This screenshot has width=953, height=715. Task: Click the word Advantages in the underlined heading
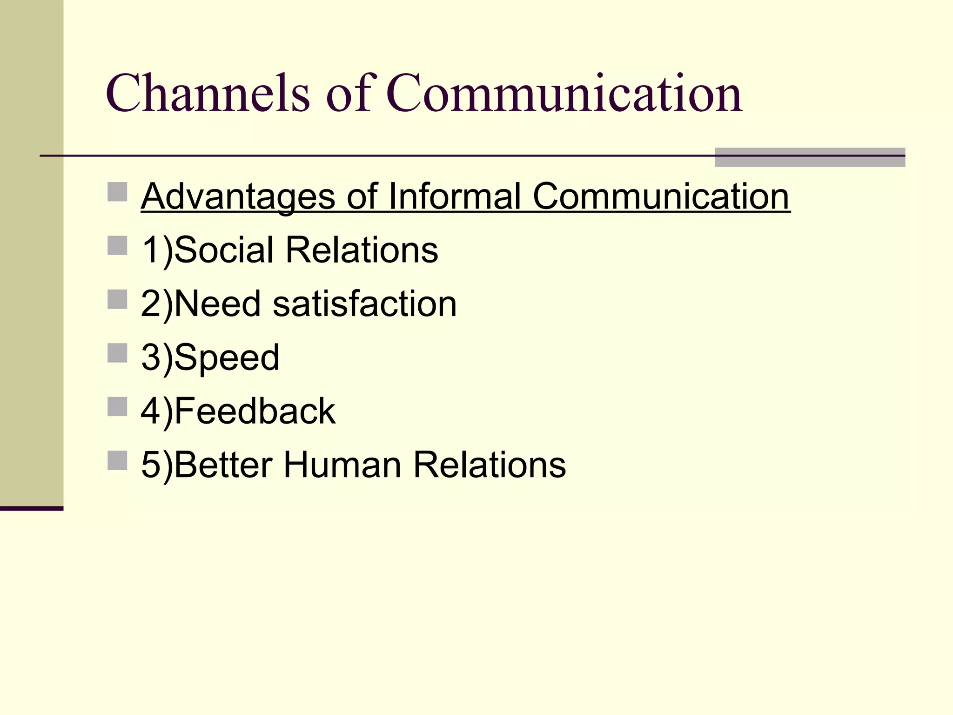[x=238, y=196]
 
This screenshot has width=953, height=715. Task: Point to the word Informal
[x=454, y=196]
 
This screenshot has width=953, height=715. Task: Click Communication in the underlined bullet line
[x=661, y=196]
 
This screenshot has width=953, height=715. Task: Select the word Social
[x=224, y=250]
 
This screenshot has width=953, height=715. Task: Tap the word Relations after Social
[x=362, y=250]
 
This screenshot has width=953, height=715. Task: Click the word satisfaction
[x=364, y=304]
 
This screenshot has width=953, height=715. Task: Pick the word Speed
[x=227, y=358]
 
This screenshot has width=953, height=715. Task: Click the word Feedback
[x=255, y=411]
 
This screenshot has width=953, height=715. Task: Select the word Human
[x=342, y=465]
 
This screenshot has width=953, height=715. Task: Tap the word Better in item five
[x=223, y=465]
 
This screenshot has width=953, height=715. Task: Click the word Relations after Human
[x=490, y=465]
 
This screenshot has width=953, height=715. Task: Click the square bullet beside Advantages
[x=117, y=192]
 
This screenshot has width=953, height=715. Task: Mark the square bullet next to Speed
[x=117, y=353]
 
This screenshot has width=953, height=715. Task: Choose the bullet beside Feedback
[x=117, y=406]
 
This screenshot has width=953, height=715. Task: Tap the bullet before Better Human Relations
[x=117, y=460]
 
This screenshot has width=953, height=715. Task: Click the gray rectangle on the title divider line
[x=810, y=157]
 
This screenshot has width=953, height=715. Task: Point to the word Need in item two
[x=217, y=304]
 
